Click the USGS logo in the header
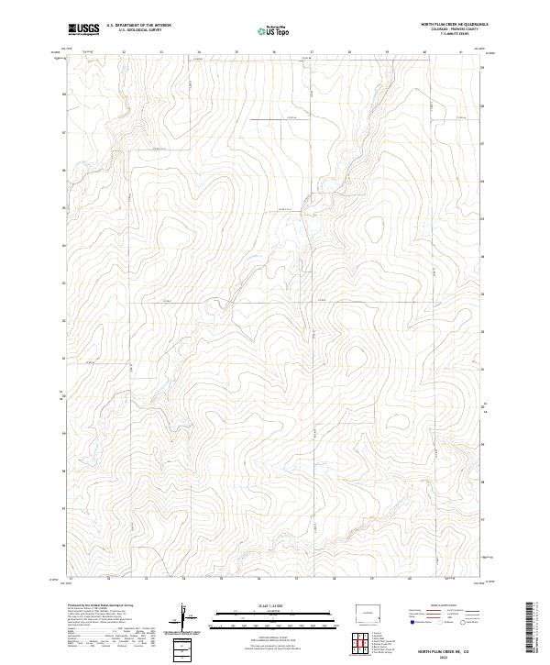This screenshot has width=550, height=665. (83, 28)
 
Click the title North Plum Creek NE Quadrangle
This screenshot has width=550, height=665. (455, 24)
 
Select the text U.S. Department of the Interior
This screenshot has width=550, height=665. (138, 26)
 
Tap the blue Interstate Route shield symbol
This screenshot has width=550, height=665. (413, 621)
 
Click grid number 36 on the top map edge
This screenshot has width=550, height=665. (274, 52)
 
